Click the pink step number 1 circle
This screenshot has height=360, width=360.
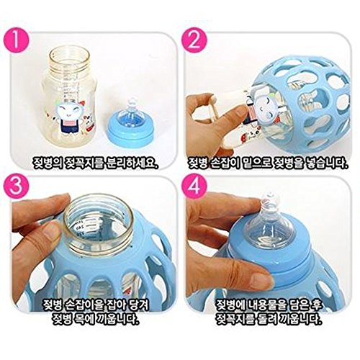[x=17, y=39]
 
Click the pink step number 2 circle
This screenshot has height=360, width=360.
[x=194, y=39]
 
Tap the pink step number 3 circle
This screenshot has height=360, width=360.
[x=17, y=185]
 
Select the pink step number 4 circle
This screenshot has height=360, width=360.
[x=194, y=185]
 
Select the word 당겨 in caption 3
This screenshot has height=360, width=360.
[x=139, y=305]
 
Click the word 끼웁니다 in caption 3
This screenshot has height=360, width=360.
[x=117, y=319]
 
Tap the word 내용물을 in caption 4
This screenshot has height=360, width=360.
[x=267, y=305]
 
